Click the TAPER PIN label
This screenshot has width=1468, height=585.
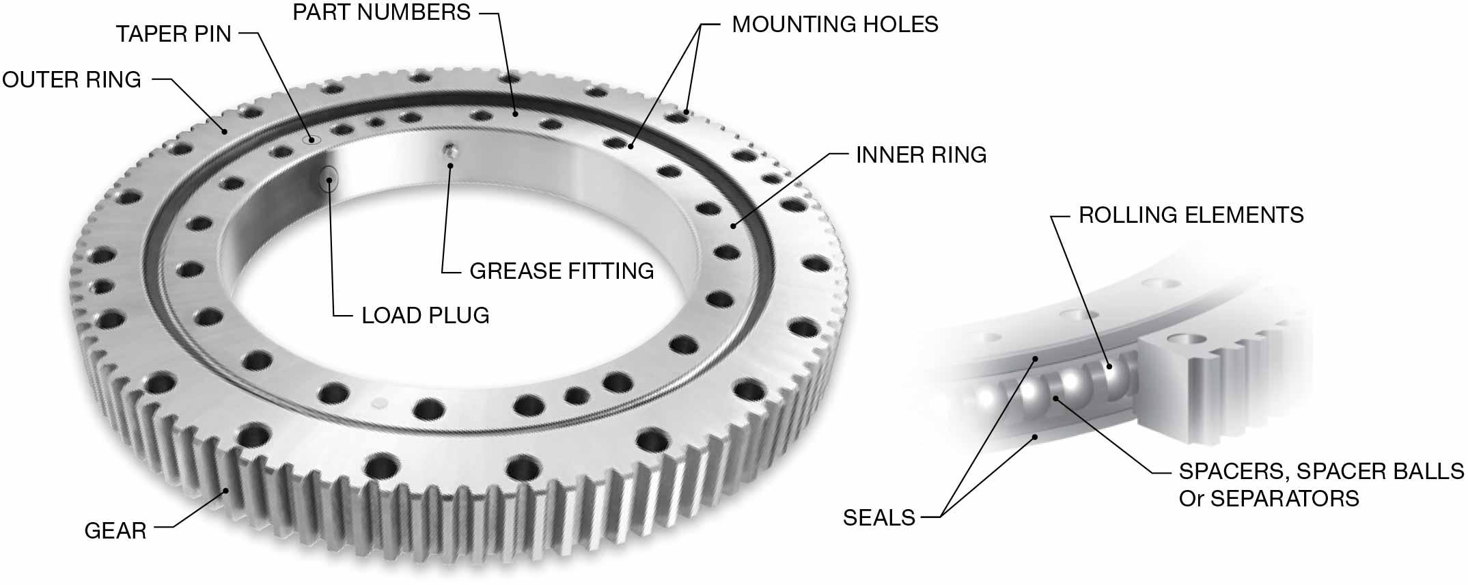coord(174,33)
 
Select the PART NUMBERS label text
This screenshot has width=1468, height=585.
coord(381,12)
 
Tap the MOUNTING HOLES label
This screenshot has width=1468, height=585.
coord(834,25)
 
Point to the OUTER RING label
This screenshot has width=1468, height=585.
coord(72,79)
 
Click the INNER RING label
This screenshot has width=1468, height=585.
coord(921,155)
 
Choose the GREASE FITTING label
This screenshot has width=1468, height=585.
coord(562,271)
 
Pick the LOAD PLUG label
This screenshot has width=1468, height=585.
coord(425,316)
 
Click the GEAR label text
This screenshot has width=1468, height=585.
coord(115,530)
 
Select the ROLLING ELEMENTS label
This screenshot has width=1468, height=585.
coord(1191,215)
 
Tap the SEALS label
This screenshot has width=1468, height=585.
coord(878,518)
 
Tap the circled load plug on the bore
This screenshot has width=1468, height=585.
coord(329,180)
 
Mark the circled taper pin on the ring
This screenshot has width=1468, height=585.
coord(312,140)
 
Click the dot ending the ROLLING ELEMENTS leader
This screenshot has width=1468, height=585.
coord(1109,366)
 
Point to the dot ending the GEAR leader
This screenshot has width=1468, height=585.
coord(226,490)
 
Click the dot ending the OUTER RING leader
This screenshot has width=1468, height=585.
coord(223,131)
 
